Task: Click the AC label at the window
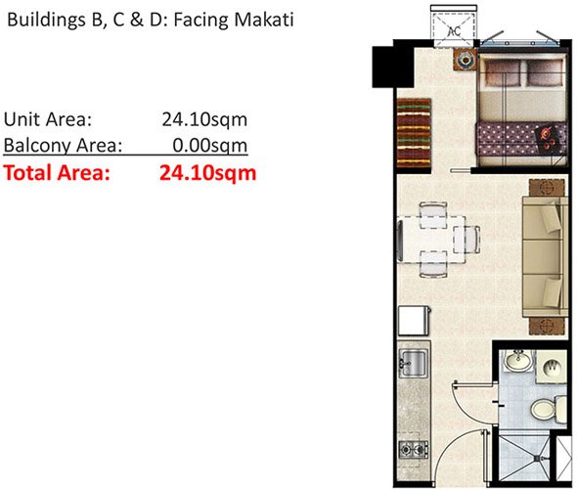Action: [x=453, y=30]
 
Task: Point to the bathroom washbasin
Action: [x=518, y=364]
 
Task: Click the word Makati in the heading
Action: [x=261, y=19]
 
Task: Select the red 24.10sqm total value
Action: [x=207, y=174]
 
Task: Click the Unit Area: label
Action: [x=48, y=120]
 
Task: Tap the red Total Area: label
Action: [x=57, y=174]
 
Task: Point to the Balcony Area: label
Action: [x=64, y=147]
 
